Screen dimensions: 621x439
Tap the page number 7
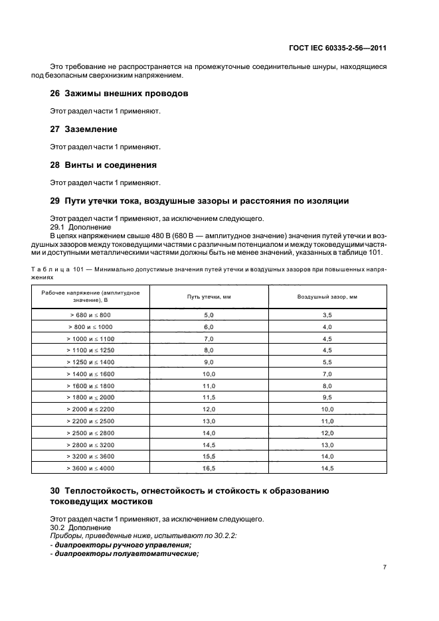(x=385, y=568)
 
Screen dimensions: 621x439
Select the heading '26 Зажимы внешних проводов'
(x=119, y=94)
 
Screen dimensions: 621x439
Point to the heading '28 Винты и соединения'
(x=104, y=165)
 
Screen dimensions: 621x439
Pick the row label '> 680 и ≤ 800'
(x=90, y=315)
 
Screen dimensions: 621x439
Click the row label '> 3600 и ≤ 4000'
(x=90, y=468)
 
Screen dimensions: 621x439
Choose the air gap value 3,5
(x=327, y=315)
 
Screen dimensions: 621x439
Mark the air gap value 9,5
(x=327, y=397)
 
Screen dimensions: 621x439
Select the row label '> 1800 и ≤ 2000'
(x=90, y=397)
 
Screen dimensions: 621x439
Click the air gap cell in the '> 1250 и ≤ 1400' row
(x=327, y=362)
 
